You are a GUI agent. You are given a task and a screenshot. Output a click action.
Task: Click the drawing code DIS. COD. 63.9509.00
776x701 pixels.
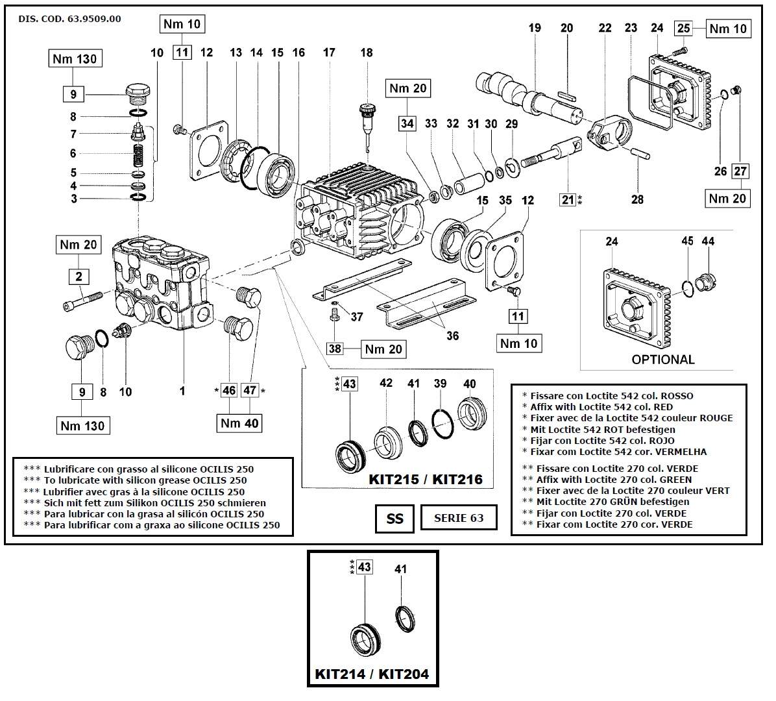pos(69,19)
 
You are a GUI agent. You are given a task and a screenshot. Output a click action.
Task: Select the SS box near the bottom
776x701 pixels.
pos(394,518)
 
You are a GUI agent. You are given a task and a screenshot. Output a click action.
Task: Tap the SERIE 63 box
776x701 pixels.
pos(459,517)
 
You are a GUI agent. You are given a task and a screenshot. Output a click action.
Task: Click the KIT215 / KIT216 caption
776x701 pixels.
pos(426,479)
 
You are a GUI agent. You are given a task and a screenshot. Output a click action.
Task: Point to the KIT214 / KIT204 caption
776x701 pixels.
pos(372,674)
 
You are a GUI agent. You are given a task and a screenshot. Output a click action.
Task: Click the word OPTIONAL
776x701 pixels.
pos(662,359)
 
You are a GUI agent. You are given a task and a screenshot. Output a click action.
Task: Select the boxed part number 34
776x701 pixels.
pos(407,123)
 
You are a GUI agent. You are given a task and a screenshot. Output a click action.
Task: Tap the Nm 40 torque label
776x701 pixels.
pos(239,423)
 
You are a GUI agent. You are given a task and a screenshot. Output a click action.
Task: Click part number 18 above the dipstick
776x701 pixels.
pos(367,52)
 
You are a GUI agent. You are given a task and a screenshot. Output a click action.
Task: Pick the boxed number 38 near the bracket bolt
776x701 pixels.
pos(335,349)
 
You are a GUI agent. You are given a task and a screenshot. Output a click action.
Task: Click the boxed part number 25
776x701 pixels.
pos(684,28)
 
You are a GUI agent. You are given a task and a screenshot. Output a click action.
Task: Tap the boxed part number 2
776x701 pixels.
pos(79,277)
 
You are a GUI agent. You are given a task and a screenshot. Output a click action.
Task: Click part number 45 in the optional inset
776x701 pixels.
pos(687,241)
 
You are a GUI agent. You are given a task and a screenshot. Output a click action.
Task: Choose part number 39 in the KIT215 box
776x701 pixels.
pos(441,384)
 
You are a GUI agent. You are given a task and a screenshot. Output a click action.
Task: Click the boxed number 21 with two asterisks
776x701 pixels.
pos(568,200)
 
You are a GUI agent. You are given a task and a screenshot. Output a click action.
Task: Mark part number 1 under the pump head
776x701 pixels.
pos(182,391)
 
